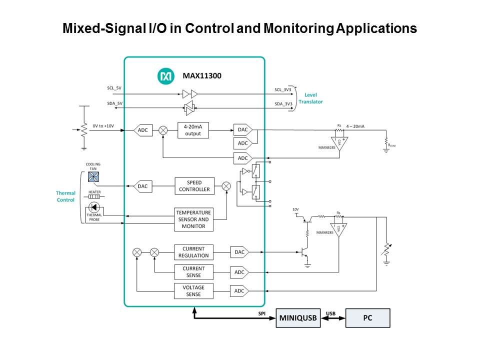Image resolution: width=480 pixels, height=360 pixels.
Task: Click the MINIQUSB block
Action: click(x=298, y=318)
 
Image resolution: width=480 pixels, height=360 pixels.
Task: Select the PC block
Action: click(x=367, y=318)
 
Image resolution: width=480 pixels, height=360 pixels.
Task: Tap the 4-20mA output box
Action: click(x=193, y=130)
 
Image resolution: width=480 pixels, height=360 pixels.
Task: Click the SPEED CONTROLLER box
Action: click(x=194, y=186)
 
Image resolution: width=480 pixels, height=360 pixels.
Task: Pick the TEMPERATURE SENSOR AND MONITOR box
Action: click(x=193, y=219)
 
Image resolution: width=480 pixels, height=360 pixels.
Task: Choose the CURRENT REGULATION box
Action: click(x=193, y=252)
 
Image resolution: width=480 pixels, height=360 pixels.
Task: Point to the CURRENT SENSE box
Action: click(x=193, y=272)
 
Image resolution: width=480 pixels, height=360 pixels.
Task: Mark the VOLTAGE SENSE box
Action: click(x=193, y=291)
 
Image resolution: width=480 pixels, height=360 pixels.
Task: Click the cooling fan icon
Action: click(x=93, y=176)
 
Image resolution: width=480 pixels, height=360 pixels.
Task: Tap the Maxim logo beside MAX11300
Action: click(x=165, y=76)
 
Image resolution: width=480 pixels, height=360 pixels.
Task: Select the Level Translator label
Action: click(x=310, y=98)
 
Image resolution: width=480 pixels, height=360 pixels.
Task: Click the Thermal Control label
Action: click(x=65, y=196)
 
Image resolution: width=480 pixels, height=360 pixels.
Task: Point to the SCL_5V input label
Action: click(x=114, y=88)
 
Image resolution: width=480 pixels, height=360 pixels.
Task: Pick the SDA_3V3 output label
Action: click(x=283, y=104)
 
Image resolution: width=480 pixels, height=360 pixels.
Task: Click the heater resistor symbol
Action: click(x=94, y=197)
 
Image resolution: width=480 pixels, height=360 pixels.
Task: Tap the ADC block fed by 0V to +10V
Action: click(x=142, y=130)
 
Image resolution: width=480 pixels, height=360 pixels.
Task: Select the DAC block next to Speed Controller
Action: click(x=142, y=186)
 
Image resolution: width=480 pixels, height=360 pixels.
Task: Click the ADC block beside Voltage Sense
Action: click(x=239, y=291)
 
